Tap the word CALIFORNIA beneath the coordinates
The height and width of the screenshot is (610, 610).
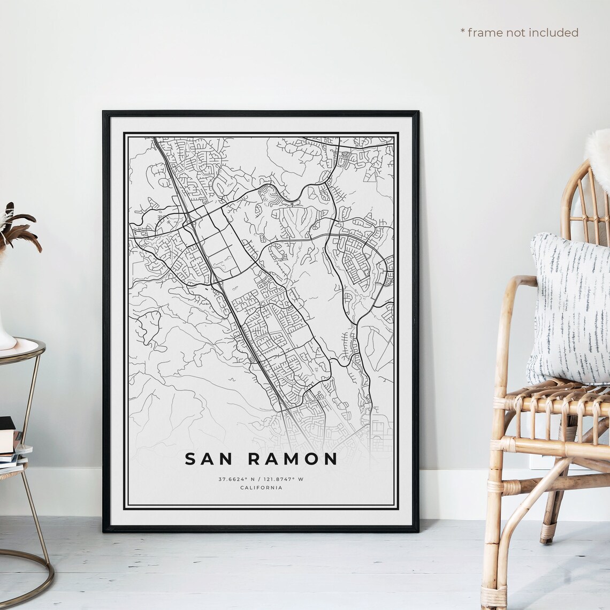point(261,487)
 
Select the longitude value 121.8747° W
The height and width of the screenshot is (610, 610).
point(284,479)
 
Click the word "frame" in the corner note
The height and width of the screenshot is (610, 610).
point(485,33)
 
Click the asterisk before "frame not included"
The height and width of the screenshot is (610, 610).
point(462,32)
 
